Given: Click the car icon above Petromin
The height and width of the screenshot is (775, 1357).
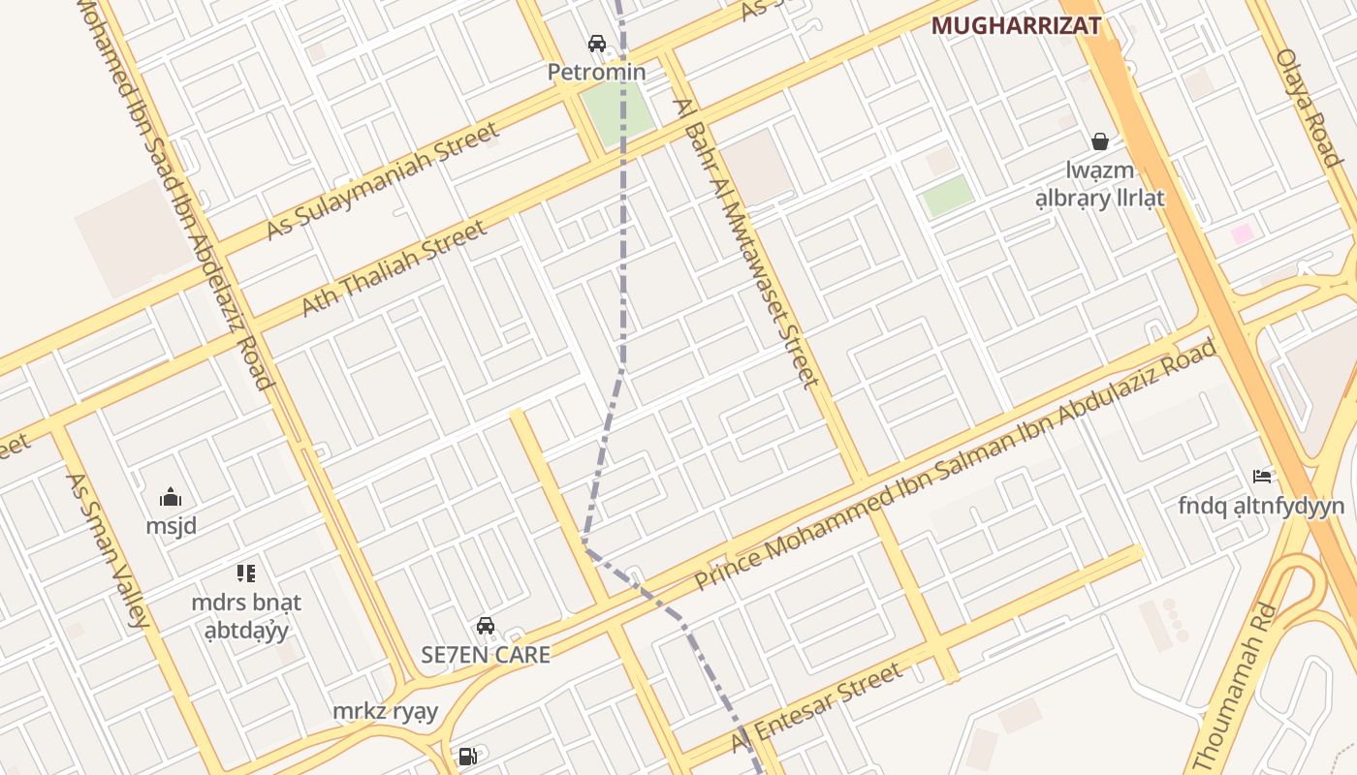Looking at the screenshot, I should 597,44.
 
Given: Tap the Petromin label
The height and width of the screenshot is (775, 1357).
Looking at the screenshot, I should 597,73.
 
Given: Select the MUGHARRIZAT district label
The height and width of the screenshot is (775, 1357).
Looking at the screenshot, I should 1016,26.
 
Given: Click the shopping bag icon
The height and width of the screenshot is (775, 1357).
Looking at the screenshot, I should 1100,142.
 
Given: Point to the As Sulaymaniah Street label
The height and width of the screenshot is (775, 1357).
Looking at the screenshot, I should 383,181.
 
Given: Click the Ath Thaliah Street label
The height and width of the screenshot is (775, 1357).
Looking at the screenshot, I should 394,268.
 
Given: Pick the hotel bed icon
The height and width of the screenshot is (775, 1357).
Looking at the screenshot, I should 1262,476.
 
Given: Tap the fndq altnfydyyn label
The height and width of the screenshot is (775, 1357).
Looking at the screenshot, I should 1261,506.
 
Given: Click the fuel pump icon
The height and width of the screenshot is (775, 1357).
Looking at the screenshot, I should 467,756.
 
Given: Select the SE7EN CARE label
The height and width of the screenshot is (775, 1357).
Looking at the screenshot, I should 486,655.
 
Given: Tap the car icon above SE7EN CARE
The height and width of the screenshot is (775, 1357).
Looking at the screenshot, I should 486,626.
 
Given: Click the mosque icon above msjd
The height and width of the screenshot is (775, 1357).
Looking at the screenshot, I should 171,498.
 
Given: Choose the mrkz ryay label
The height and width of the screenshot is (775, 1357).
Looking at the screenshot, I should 386,712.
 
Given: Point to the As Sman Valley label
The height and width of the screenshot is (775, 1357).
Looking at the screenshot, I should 107,549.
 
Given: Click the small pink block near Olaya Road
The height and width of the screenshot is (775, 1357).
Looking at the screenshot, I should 1242,233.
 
